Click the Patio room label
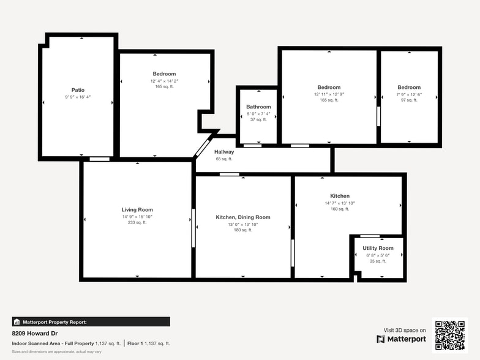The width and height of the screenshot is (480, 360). (x=78, y=90)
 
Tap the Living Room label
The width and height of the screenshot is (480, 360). (x=137, y=210)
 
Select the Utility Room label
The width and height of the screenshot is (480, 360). (x=378, y=248)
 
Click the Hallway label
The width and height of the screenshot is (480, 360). (x=224, y=152)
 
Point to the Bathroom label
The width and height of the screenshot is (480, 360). (x=258, y=107)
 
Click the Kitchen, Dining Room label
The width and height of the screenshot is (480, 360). (x=243, y=217)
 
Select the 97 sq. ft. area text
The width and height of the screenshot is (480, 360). (x=409, y=100)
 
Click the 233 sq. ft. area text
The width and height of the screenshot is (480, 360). (x=137, y=223)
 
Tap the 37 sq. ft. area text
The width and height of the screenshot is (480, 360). (x=258, y=119)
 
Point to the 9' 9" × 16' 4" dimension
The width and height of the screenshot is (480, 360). (x=78, y=97)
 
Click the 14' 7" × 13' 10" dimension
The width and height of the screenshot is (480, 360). (x=340, y=203)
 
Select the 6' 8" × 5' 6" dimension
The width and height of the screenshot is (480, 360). (x=378, y=255)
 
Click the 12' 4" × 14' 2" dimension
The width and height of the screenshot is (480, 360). (x=164, y=81)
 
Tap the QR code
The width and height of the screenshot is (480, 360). (x=450, y=335)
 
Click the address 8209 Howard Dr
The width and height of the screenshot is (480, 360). (x=31, y=334)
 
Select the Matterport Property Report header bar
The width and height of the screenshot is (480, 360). (x=91, y=321)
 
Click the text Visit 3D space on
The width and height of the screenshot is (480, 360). (x=405, y=330)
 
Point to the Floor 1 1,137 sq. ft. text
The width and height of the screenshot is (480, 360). (x=148, y=343)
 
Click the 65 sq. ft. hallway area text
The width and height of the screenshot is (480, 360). (x=224, y=159)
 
